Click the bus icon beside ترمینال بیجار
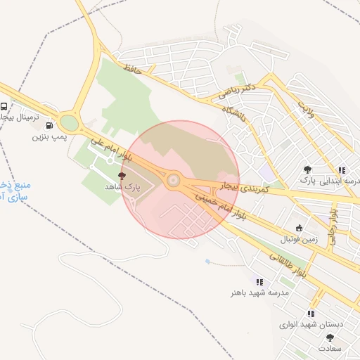pos(4,107)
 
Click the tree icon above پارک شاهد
pos(123,176)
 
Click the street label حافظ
pos(132,68)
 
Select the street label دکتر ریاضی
pos(236,89)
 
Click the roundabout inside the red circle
pos(172,181)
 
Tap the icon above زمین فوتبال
pos(300,228)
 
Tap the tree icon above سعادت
pos(330,337)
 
